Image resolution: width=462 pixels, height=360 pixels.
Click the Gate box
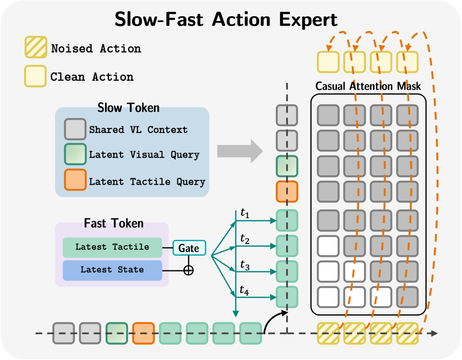click(189, 248)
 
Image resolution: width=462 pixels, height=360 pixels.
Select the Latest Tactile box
click(112, 247)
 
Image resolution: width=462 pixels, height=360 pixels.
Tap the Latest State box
click(112, 270)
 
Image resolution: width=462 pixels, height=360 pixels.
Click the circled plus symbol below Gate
click(189, 270)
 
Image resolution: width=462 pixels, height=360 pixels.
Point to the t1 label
click(245, 212)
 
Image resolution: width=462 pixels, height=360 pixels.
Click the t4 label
click(244, 290)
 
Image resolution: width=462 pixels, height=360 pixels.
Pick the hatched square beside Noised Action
click(36, 47)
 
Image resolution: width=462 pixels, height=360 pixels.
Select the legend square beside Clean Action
click(36, 76)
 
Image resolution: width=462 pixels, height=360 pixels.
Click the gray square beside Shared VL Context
click(75, 129)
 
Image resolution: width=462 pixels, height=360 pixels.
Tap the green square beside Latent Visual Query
click(75, 154)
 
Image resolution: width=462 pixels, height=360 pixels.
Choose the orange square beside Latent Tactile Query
click(75, 180)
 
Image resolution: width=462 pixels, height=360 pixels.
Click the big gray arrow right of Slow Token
click(240, 151)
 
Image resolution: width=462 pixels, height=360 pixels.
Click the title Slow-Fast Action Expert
click(226, 19)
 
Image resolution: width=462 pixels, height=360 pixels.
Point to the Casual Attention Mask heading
click(368, 86)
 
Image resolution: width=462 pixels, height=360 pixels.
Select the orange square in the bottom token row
click(143, 333)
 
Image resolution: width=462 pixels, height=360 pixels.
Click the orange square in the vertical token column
click(287, 192)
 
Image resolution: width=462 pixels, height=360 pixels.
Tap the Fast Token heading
click(114, 223)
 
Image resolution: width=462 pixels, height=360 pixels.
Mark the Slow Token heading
click(128, 108)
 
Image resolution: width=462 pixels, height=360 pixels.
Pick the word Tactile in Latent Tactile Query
click(150, 182)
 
